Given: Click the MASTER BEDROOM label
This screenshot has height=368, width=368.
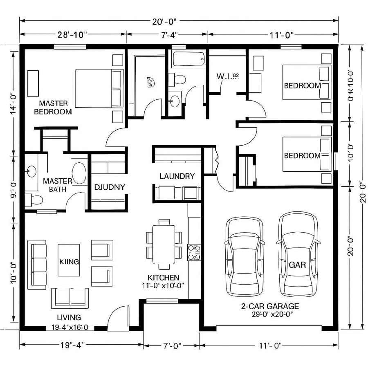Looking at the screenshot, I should (53, 107).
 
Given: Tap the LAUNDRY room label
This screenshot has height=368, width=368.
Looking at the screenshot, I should (177, 176).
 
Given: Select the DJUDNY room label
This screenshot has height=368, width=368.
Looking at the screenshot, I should (109, 187).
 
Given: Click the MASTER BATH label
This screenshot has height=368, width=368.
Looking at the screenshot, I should (57, 185).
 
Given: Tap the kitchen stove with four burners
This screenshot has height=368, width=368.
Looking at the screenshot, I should (194, 252).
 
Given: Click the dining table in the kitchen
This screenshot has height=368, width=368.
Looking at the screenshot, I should (164, 244).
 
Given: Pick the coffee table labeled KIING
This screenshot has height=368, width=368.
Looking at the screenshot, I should (69, 261).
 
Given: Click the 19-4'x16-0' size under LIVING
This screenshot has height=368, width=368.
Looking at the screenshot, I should (70, 327).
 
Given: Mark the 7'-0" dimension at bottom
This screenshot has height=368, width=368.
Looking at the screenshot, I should (171, 346).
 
